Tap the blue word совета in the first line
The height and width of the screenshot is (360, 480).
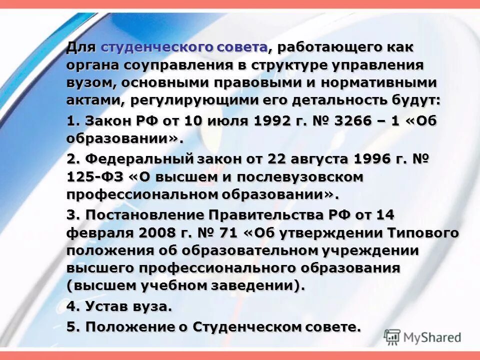(242, 48)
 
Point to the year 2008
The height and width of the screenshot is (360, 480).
(158, 233)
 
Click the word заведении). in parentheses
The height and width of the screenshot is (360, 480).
(261, 286)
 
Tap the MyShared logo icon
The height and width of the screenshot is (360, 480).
(392, 336)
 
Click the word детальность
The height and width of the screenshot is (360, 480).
(322, 100)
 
